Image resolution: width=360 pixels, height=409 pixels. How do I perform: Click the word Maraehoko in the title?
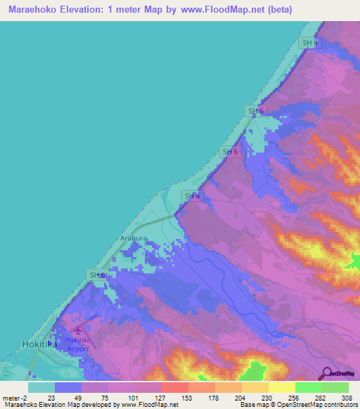coord(33,10)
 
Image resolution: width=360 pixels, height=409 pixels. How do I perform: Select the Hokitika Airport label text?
coord(78,344)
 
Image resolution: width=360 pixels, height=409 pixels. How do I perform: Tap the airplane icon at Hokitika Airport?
coord(77,330)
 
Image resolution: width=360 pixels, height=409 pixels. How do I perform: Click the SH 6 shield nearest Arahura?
coord(191,196)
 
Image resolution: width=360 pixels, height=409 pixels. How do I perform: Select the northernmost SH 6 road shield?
coord(309,44)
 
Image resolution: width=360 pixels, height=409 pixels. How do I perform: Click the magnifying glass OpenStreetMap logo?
coord(327,373)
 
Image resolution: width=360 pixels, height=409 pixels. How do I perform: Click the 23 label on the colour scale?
coord(51,397)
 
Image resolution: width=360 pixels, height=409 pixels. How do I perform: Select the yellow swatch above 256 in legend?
coord(281,387)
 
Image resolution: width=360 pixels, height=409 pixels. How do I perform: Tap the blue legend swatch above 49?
coord(68,387)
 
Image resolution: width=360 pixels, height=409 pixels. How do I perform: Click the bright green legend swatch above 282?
coord(308,387)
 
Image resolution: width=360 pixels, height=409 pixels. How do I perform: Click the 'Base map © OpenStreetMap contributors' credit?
coord(298,405)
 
